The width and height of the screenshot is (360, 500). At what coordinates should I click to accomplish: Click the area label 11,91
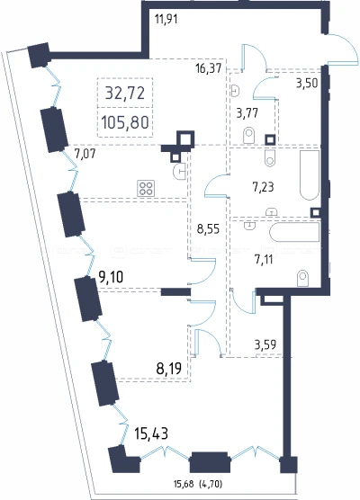(166, 19)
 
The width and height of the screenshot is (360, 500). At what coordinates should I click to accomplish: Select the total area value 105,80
(125, 122)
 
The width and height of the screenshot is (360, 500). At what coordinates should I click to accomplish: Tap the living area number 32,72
(125, 94)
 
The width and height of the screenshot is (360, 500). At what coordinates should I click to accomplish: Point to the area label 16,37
(209, 68)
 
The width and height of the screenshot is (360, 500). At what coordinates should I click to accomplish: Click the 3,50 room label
(307, 83)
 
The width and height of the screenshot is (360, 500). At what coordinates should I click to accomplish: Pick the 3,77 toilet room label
(247, 112)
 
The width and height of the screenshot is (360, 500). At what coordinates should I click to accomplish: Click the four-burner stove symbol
(146, 188)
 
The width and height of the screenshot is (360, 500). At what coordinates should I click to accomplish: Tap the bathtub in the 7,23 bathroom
(310, 175)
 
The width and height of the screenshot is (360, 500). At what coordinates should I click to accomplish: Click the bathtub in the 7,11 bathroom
(294, 232)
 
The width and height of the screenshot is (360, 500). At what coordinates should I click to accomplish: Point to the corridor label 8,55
(208, 228)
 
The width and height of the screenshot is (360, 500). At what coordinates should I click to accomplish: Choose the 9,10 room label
(111, 277)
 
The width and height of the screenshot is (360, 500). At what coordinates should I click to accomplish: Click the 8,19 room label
(169, 369)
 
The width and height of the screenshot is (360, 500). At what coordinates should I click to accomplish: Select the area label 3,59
(265, 344)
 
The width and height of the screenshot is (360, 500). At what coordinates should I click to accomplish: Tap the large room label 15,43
(151, 434)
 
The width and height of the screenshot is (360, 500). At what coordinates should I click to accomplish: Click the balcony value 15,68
(184, 484)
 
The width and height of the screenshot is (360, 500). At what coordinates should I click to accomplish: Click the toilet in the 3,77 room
(249, 135)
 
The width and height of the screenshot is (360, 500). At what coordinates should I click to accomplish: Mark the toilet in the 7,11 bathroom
(302, 278)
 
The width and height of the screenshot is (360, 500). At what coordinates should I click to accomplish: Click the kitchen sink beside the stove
(179, 172)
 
